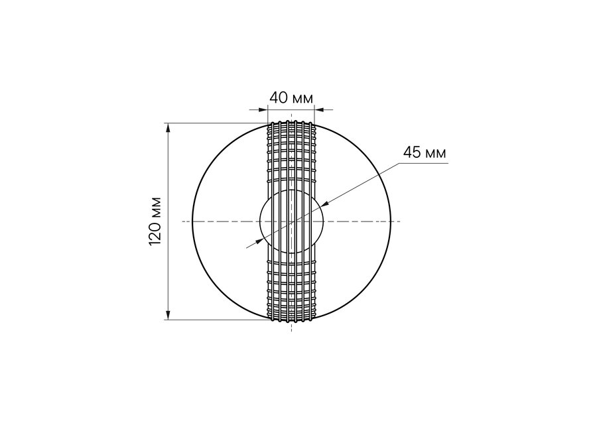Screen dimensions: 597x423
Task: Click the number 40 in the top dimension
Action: point(279,98)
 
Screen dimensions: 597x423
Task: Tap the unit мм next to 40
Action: point(302,99)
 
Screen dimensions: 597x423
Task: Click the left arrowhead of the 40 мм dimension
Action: point(263,110)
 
